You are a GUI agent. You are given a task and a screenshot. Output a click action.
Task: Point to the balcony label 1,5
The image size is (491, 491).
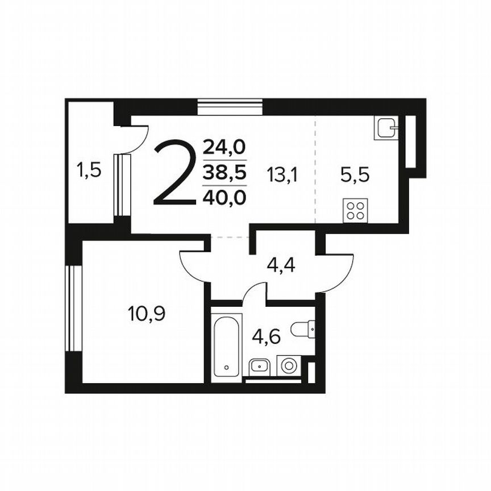[x=89, y=169]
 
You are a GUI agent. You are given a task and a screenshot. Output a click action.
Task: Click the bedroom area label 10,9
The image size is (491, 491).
[x=147, y=313]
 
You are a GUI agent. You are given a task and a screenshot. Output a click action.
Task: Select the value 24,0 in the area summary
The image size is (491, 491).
[x=224, y=148]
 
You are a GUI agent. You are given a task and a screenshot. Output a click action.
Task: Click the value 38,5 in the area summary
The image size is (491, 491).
[x=224, y=173]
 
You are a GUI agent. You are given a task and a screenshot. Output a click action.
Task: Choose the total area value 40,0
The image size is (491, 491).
[x=224, y=198]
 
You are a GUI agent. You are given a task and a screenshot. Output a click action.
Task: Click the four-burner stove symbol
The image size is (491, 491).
[x=356, y=210]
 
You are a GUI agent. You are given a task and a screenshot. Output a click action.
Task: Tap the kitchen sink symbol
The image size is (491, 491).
[x=386, y=128]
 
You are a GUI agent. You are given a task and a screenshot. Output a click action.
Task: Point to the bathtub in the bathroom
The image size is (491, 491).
[x=227, y=345]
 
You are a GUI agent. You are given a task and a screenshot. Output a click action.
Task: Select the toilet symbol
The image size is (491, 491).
[x=302, y=328]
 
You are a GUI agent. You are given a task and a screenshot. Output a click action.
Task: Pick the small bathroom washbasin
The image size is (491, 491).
[x=259, y=365]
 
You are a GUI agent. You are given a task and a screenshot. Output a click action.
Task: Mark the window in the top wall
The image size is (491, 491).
[x=230, y=107]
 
